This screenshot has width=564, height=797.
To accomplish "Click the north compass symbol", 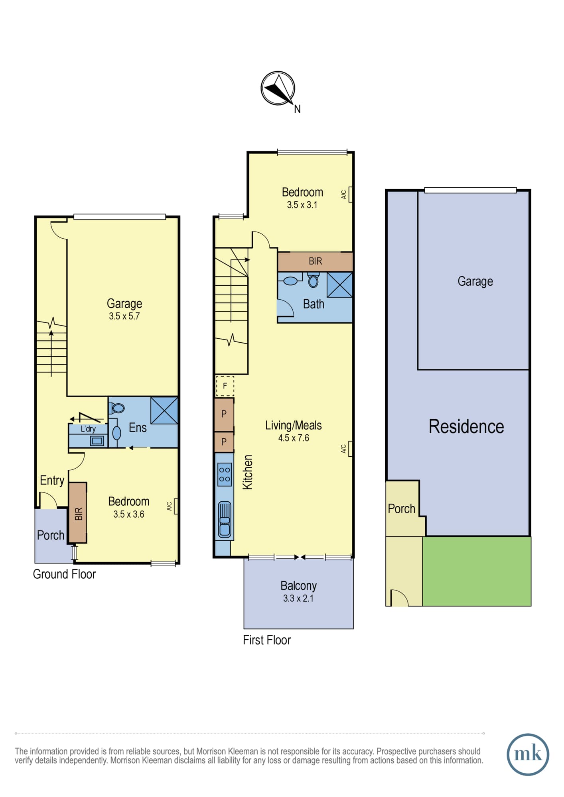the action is click(278, 88).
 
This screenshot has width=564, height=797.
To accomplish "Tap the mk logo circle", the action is click(528, 754).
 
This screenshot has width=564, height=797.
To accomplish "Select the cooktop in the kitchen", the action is click(225, 475).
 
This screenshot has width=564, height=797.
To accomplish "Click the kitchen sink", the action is click(225, 519).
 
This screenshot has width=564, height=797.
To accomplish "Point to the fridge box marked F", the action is click(225, 386).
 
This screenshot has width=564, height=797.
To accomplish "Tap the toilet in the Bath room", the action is click(314, 280).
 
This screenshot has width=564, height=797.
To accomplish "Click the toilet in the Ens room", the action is click(118, 408).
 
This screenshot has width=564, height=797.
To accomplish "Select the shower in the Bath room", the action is click(340, 285).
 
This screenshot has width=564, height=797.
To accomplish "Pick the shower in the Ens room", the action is click(164, 410).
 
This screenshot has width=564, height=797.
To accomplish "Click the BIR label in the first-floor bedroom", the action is click(315, 261).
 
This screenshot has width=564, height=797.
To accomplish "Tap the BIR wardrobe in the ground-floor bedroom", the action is click(78, 513).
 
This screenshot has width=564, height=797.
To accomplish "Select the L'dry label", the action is click(88, 429).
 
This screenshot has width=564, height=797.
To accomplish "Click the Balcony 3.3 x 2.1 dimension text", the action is click(298, 599).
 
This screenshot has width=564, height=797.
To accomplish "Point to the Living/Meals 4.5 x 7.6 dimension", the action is click(294, 438).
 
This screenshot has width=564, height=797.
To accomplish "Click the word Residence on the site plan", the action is click(466, 426).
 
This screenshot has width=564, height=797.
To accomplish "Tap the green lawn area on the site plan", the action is click(477, 571).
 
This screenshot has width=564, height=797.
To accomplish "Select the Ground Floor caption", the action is click(64, 574).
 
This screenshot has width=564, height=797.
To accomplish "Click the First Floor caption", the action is click(267, 640).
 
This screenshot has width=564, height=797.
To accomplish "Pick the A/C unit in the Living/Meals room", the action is click(350, 449).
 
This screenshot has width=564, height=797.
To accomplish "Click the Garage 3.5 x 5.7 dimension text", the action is click(124, 316).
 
